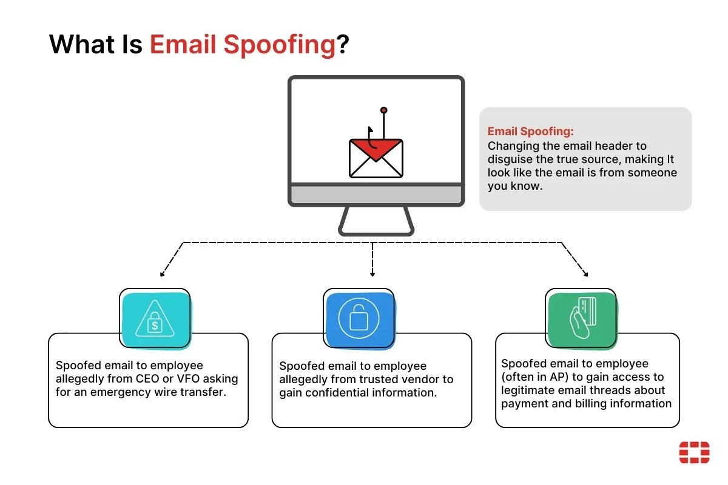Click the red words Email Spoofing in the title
coord(243,45)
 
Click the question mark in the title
coord(343,44)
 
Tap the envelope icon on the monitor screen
coord(376,158)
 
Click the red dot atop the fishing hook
coord(384,110)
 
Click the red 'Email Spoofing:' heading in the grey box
coord(530,131)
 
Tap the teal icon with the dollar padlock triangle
coord(156,319)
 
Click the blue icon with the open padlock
coord(359,319)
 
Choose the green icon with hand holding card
coord(582,319)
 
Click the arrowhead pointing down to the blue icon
coord(372,275)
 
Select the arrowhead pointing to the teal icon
coord(162,275)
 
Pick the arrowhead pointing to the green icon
coord(586,275)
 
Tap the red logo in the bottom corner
coord(694,452)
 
